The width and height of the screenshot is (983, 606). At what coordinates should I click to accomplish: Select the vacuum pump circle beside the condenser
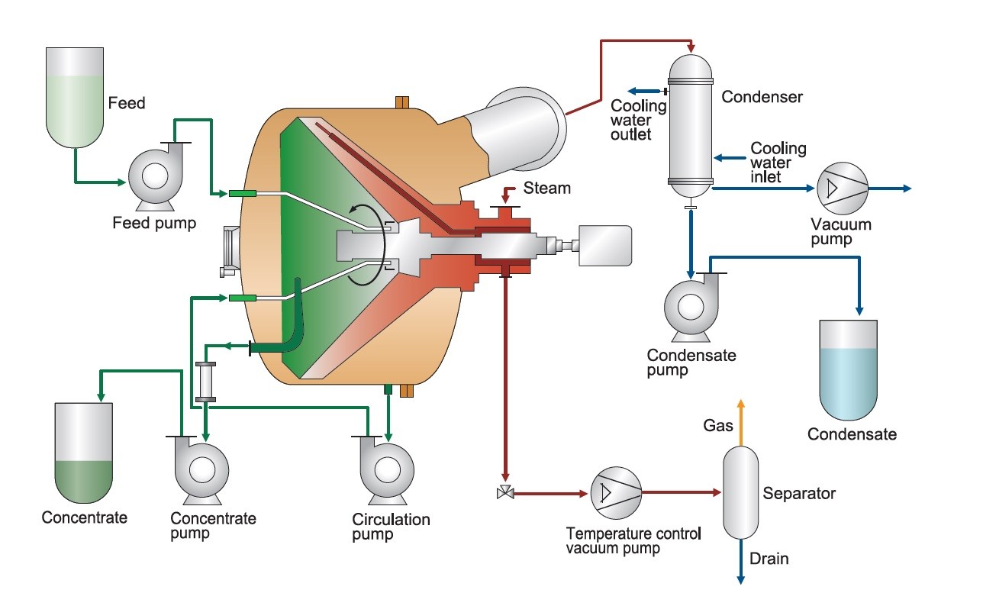(842, 188)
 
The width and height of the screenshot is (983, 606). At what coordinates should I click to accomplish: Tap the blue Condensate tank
(850, 369)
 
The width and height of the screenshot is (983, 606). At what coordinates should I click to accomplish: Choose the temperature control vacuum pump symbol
(615, 493)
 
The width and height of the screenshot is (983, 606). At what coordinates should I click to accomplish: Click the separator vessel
(740, 492)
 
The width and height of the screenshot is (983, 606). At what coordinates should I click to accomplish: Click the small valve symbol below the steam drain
(504, 494)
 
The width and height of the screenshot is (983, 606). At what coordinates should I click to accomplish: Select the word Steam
(547, 188)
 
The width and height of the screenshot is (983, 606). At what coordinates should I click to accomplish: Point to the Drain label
(769, 559)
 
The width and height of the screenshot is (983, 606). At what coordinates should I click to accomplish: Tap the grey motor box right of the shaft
(604, 246)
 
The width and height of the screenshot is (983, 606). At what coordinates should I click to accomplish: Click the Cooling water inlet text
(777, 163)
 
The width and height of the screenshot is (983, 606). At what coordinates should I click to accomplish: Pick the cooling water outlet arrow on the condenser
(641, 92)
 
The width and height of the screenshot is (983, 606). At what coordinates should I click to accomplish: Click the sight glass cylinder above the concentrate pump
(205, 381)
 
